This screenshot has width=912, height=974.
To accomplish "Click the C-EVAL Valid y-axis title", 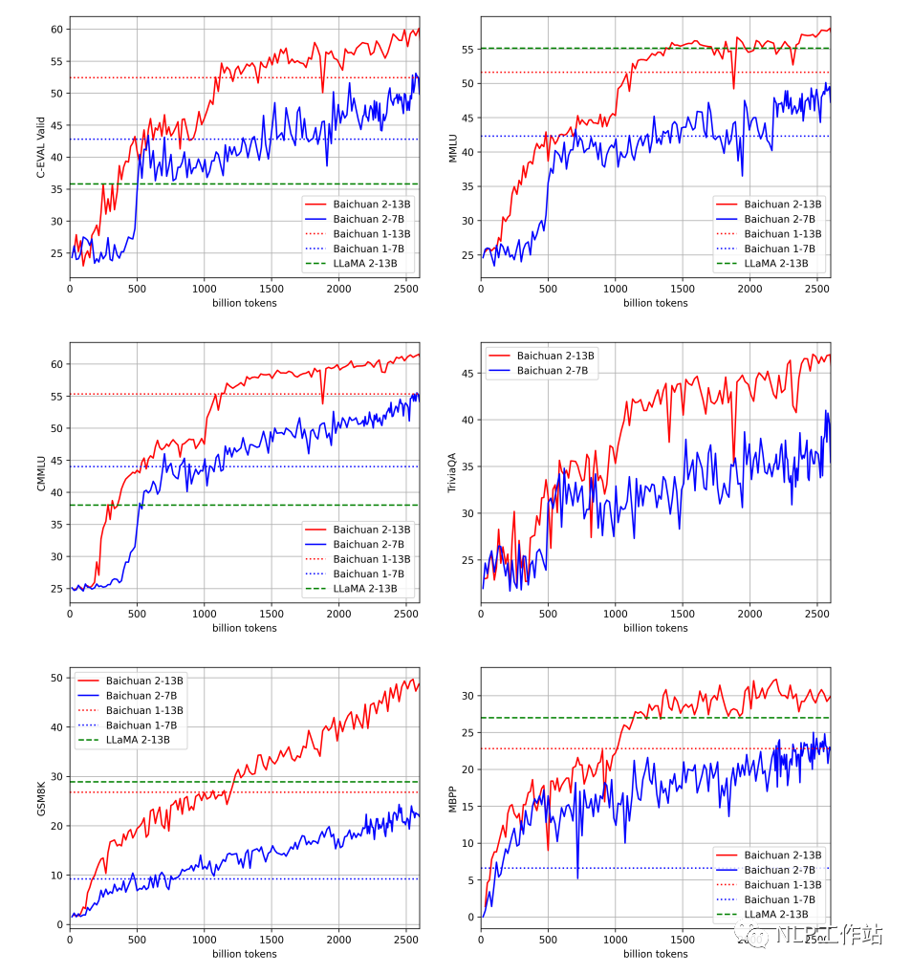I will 41,147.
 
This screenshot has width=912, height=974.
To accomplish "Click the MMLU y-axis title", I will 454,147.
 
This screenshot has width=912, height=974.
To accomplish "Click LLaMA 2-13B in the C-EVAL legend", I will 365,264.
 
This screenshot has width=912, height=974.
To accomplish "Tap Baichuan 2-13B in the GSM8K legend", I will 144,680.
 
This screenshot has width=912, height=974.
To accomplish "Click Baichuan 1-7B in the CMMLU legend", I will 365,574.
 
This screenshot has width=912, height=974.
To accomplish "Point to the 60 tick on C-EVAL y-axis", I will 56,29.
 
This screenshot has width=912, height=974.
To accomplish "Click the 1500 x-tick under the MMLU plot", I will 682,290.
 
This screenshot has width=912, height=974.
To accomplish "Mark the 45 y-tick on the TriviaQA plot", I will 469,374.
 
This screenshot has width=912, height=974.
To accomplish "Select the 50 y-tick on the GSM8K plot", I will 56,679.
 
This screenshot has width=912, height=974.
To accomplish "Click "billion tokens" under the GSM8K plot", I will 244,953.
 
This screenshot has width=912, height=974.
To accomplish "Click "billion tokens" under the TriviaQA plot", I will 655,628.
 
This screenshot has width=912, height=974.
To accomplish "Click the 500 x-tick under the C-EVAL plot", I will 136,290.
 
